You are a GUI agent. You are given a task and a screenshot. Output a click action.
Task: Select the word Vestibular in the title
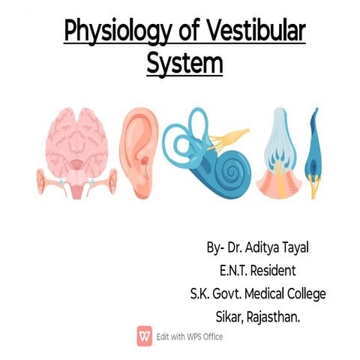254,33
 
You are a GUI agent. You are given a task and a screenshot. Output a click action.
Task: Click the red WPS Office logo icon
143,335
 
